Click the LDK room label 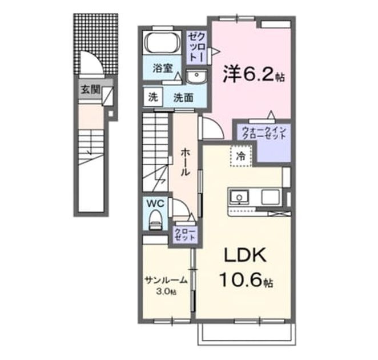point(246,255)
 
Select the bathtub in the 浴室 point(162,42)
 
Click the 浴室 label point(163,68)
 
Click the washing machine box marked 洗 point(153,97)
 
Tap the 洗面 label point(183,98)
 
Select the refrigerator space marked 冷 point(241,157)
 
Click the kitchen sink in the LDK point(239,197)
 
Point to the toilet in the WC point(155,220)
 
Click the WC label point(155,203)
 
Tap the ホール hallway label point(186,162)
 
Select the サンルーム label point(166,281)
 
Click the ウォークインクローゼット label point(264,133)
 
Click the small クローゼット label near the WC point(185,234)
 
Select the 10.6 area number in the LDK point(240,281)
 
